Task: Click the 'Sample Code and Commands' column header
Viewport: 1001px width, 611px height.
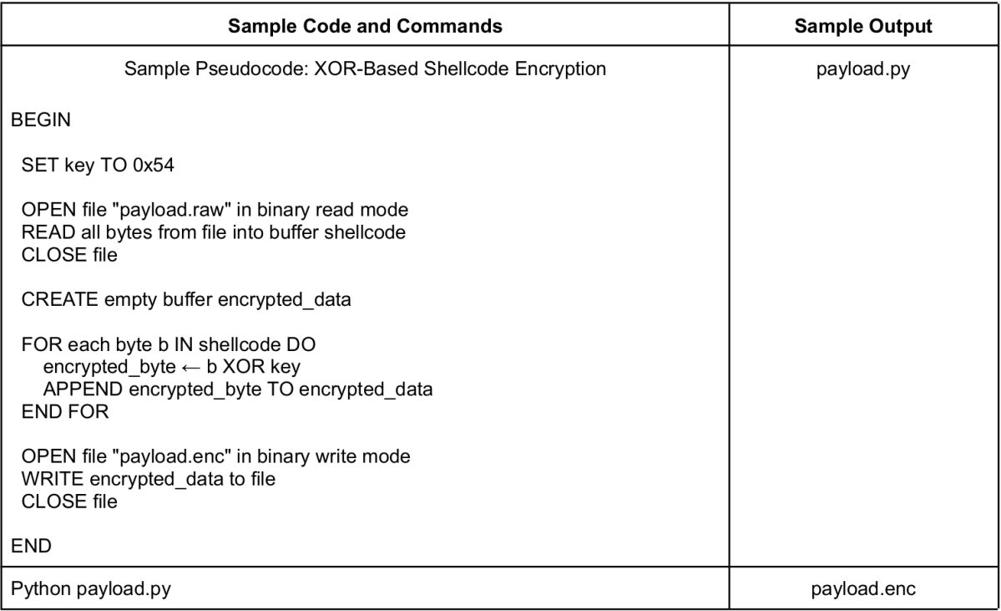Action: coord(365,26)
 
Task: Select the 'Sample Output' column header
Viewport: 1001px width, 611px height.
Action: coord(863,26)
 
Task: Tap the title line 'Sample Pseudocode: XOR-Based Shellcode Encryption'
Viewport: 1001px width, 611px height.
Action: coord(365,69)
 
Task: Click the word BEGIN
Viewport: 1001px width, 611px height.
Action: coord(41,120)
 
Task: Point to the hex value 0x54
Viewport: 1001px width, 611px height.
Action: coord(154,165)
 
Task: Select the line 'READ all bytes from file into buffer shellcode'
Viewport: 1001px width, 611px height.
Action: coord(213,232)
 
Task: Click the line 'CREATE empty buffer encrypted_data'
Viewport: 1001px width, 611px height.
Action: coord(186,300)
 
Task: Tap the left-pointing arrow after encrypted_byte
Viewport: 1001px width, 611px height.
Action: coord(191,368)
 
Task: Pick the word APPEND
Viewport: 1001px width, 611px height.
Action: coord(83,390)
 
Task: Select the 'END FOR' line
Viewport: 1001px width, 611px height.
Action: coord(65,411)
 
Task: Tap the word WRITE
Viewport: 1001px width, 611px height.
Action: coord(53,479)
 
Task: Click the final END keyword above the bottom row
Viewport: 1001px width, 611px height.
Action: coord(31,546)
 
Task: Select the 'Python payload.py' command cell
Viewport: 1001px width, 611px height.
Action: coord(91,588)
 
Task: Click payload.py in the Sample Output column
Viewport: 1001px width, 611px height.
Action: coord(863,69)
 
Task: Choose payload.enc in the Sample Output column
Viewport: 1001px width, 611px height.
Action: coord(863,588)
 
